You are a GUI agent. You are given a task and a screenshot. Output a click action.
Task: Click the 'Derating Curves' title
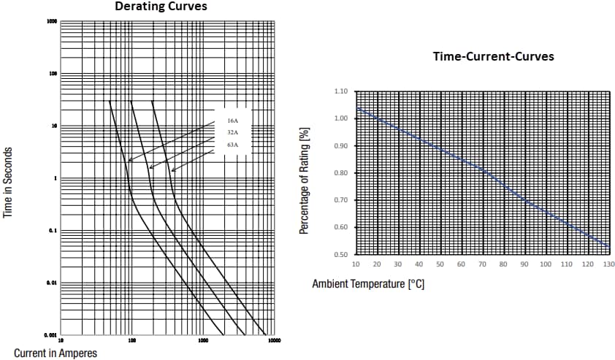pyautogui.click(x=160, y=7)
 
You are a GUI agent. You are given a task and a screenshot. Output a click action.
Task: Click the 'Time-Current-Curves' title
pyautogui.click(x=493, y=56)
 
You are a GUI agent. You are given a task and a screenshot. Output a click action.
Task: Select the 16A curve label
pyautogui.click(x=232, y=120)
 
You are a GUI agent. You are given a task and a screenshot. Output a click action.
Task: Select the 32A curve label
pyautogui.click(x=232, y=133)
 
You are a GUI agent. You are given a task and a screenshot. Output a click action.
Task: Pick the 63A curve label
pyautogui.click(x=232, y=146)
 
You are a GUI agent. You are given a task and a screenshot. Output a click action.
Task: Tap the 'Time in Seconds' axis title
pyautogui.click(x=9, y=182)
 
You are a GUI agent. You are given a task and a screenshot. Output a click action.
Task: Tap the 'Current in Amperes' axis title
pyautogui.click(x=56, y=353)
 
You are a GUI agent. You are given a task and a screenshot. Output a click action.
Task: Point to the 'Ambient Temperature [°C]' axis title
pyautogui.click(x=368, y=283)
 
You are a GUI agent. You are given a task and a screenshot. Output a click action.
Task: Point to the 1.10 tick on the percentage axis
pyautogui.click(x=340, y=91)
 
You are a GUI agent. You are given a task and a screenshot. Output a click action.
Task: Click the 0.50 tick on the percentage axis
pyautogui.click(x=340, y=254)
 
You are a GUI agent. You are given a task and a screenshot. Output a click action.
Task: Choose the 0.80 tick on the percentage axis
pyautogui.click(x=340, y=173)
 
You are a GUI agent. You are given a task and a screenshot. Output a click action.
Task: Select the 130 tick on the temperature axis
pyautogui.click(x=608, y=264)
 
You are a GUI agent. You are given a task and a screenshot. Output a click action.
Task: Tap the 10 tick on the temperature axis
pyautogui.click(x=356, y=264)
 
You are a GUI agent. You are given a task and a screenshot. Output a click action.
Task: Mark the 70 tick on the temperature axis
pyautogui.click(x=482, y=264)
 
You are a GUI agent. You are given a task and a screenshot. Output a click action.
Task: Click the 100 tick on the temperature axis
pyautogui.click(x=546, y=264)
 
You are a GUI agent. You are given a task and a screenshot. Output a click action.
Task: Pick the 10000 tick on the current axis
pyautogui.click(x=273, y=340)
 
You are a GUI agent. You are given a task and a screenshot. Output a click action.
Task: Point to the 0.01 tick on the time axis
pyautogui.click(x=53, y=283)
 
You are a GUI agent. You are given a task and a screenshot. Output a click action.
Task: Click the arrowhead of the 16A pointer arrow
pyautogui.click(x=129, y=161)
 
